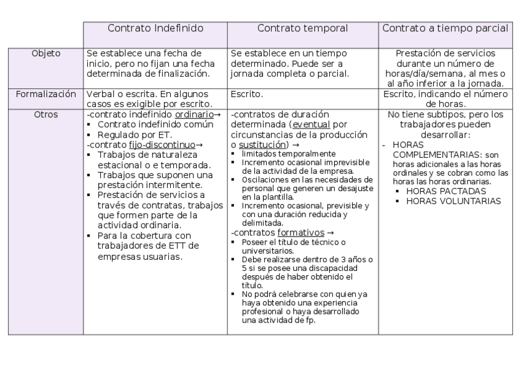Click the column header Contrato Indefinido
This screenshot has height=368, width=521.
pos(155,28)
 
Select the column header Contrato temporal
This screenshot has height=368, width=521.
pos(302,28)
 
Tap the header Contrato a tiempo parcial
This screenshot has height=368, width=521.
pos(445,28)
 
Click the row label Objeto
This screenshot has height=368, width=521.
pos(46,53)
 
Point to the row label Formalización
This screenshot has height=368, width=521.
pos(46,95)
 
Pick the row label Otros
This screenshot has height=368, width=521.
pos(46,114)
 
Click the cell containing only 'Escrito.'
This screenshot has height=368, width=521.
pos(246,95)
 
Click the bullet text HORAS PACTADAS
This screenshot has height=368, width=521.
pos(442,191)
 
